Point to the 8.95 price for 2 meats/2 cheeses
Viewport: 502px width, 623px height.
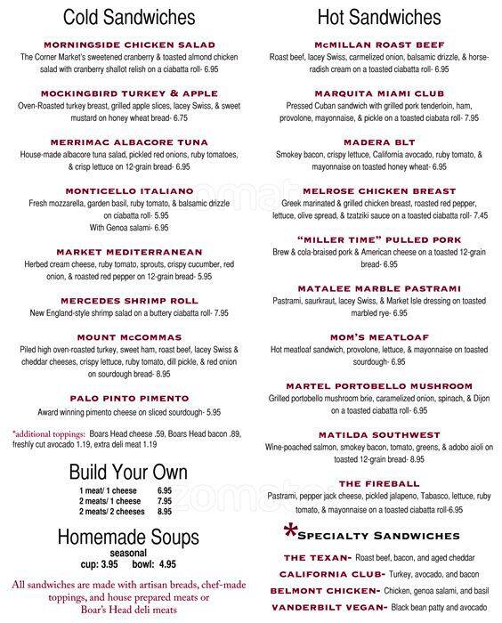click(165, 512)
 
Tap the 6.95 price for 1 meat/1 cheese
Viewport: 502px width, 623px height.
click(165, 490)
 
